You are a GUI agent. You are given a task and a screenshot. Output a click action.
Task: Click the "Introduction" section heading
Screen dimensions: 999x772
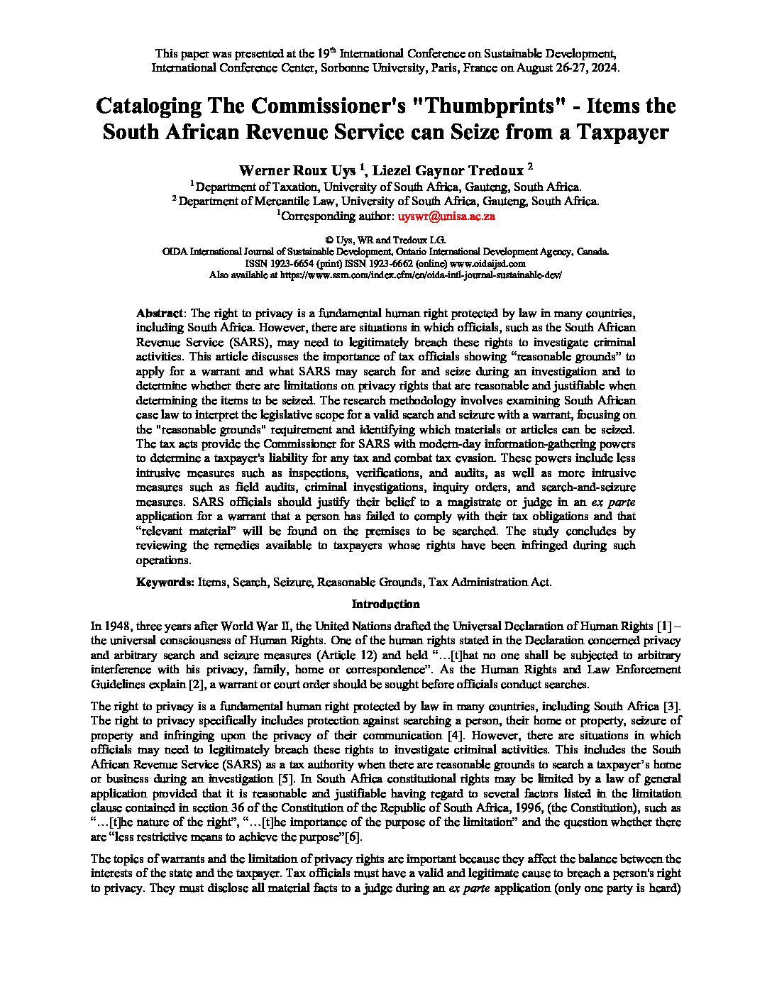[x=386, y=604]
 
